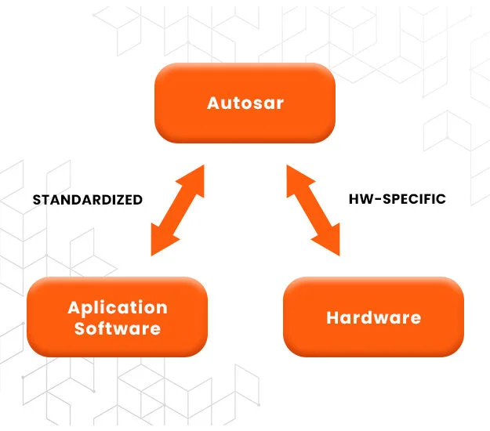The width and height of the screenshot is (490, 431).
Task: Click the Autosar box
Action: (245, 103)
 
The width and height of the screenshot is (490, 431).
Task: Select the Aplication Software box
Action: (118, 317)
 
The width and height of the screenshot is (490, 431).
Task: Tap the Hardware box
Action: (373, 317)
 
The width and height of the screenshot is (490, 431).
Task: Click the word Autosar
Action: (245, 103)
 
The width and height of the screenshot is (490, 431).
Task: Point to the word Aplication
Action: (118, 307)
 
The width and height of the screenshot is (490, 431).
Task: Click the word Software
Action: (118, 328)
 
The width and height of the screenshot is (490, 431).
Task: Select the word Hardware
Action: (373, 317)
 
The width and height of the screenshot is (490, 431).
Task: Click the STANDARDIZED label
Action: (87, 200)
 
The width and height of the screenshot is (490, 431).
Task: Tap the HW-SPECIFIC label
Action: (397, 199)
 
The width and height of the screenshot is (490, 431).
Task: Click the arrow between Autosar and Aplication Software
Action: (177, 210)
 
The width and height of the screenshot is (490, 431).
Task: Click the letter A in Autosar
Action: (213, 103)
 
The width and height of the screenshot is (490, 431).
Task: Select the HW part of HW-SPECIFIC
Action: (358, 199)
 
